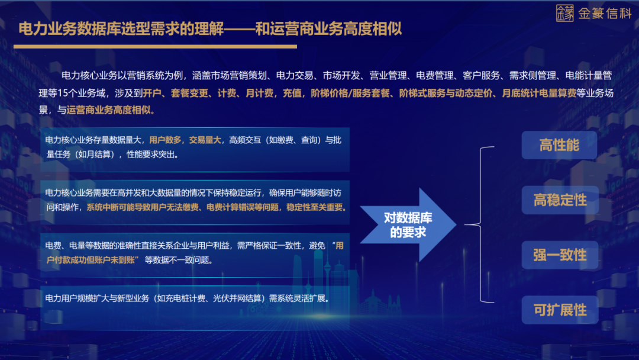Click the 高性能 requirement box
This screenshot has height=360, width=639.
559,145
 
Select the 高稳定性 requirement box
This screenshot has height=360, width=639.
559,200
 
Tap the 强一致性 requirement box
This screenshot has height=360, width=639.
559,255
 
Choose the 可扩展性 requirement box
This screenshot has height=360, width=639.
559,310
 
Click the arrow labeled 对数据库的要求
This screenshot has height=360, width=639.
408,225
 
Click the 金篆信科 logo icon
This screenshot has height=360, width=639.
564,13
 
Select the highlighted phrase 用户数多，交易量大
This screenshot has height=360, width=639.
185,140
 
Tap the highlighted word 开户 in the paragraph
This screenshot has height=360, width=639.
152,93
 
